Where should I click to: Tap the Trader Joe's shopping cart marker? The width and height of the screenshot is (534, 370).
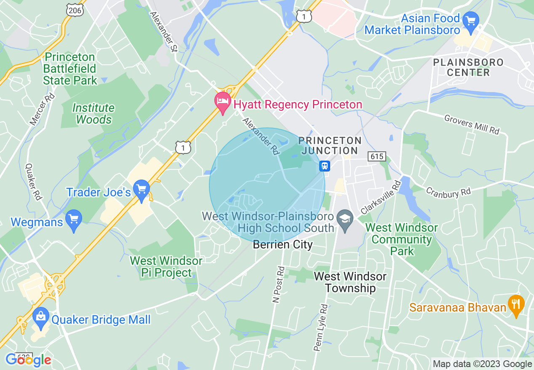142,190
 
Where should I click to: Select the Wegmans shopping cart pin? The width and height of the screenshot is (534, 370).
74,220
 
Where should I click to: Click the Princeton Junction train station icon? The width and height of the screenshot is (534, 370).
324,166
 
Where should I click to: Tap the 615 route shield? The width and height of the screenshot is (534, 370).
376,156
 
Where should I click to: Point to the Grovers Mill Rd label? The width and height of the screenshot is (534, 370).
472,124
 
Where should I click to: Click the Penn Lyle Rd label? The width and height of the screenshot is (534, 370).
320,328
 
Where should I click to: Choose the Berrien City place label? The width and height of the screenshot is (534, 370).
283,244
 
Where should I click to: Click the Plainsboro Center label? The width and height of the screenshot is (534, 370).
468,67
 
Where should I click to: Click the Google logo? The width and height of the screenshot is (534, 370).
28,360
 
